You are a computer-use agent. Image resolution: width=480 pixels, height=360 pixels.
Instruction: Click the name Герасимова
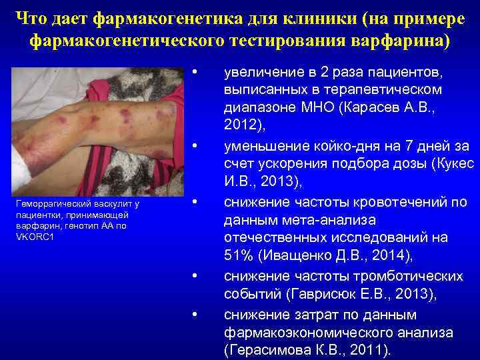268,350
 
